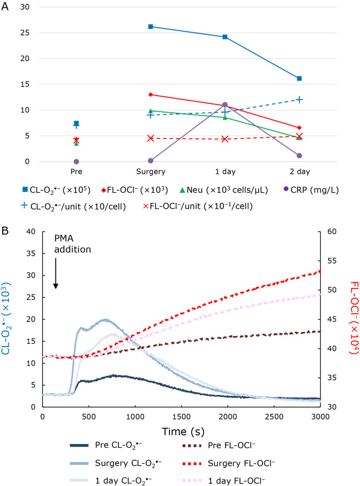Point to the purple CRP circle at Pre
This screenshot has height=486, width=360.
[x=76, y=162]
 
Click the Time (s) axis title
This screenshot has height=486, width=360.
[x=182, y=430]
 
